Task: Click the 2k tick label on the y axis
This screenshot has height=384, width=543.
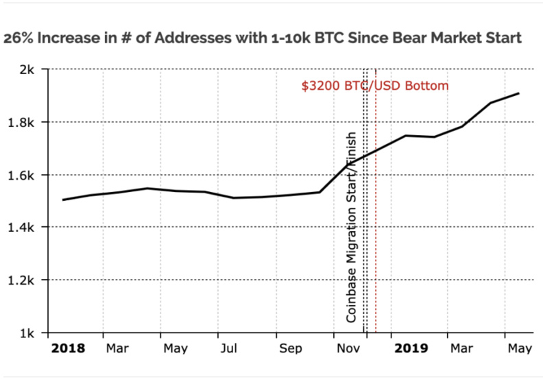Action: click(29, 69)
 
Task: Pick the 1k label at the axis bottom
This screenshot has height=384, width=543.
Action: click(29, 333)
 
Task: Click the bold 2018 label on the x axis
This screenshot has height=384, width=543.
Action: click(69, 349)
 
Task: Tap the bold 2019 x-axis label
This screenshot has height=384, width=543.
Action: click(411, 349)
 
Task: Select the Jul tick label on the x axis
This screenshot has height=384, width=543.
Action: click(228, 349)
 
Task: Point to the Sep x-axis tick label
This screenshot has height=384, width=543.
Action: click(291, 349)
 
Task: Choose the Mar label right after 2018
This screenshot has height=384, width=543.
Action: click(117, 349)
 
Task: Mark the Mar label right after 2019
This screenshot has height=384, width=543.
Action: click(461, 349)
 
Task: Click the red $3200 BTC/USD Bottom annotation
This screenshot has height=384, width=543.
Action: click(375, 86)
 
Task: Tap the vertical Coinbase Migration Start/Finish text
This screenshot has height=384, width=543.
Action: click(351, 226)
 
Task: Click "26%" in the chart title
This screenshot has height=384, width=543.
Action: click(19, 38)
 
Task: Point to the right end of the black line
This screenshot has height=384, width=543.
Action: click(519, 93)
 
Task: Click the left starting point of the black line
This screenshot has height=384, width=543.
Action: click(63, 200)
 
